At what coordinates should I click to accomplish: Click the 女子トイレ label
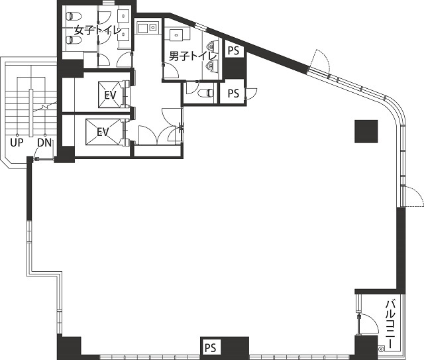[x=97, y=30]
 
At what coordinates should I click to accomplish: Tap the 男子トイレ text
[x=193, y=56]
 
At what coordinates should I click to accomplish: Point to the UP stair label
[x=17, y=143]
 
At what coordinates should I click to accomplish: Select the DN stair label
[x=44, y=143]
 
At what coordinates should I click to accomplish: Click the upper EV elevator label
[x=111, y=95]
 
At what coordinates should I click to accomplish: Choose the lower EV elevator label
[x=103, y=132]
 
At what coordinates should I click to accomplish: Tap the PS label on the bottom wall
[x=211, y=347]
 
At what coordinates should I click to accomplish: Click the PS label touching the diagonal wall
[x=234, y=50]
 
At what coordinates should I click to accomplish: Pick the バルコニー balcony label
[x=390, y=324]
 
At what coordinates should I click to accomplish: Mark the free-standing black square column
[x=366, y=131]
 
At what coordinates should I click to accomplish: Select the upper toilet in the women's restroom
[x=74, y=16]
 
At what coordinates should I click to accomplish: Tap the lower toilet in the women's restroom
[x=74, y=40]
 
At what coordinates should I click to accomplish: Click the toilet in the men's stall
[x=205, y=93]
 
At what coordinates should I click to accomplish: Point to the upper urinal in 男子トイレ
[x=213, y=46]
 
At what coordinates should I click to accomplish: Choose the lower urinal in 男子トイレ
[x=213, y=65]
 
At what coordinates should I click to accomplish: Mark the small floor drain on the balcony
[x=382, y=349]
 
